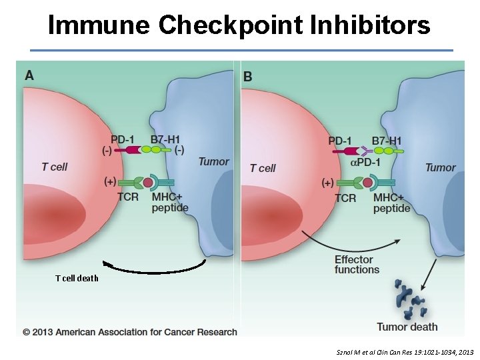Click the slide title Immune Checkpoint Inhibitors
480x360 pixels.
(239, 25)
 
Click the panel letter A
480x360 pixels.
(29, 75)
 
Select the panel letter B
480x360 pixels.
(248, 77)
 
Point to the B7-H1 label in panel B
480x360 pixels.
(388, 141)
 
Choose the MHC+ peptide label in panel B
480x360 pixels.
(391, 203)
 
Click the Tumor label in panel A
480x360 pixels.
(213, 162)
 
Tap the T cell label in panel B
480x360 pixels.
(263, 168)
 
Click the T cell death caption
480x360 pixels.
(77, 278)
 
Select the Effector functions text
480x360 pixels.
(357, 264)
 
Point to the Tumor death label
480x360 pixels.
(407, 327)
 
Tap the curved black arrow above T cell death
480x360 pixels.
(155, 269)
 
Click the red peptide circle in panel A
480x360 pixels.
(147, 182)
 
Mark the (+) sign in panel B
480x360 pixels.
(327, 182)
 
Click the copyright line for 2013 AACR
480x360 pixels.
(130, 331)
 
